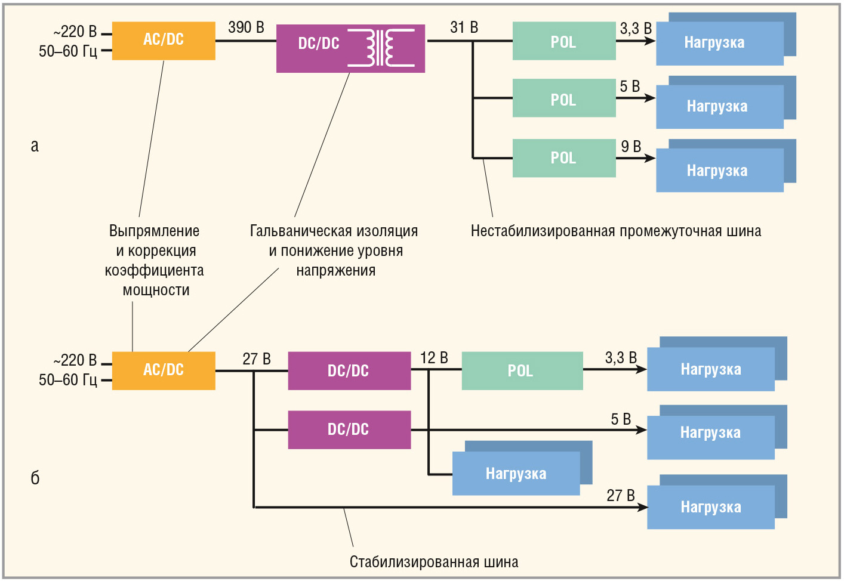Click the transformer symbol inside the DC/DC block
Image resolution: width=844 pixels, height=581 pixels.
381,48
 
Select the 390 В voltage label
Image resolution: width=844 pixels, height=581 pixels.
246,27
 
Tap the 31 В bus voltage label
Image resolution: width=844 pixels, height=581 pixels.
464,27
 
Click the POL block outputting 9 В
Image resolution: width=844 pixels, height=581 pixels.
563,158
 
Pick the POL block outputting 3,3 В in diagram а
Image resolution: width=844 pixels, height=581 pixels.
563,41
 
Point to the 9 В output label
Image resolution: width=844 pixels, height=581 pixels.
630,147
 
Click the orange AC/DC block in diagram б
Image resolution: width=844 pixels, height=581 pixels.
164,370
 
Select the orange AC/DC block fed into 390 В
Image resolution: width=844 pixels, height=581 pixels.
164,41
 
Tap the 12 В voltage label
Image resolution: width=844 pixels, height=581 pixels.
434,358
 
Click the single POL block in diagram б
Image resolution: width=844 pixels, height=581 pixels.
522,371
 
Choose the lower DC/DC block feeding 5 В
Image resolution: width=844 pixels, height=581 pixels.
349,429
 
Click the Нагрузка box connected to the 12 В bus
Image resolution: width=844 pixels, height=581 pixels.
516,474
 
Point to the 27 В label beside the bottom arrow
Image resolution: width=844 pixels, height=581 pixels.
620,496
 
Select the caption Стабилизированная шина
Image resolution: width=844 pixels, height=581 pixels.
434,562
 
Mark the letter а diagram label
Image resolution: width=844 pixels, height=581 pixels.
35,146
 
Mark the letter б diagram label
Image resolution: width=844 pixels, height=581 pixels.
35,477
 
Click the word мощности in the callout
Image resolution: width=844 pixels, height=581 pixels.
156,290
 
